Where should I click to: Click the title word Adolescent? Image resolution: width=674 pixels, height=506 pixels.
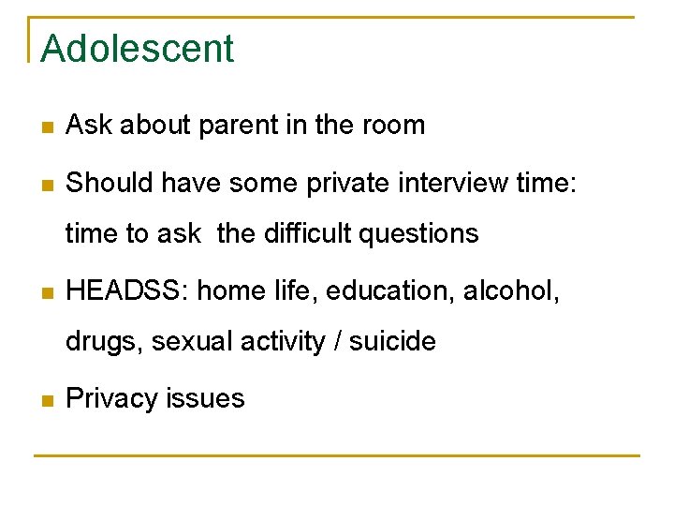(x=138, y=49)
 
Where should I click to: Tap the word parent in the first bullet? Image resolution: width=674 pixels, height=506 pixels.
(x=218, y=126)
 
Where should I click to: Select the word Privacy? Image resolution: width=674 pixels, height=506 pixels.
(x=110, y=399)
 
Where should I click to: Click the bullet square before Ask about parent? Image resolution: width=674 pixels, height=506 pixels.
(x=47, y=126)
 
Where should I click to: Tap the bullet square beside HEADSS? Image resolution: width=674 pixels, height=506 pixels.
(x=47, y=292)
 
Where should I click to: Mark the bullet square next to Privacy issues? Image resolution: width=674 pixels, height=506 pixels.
(x=47, y=400)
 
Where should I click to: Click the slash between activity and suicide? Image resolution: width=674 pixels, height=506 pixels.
(x=337, y=342)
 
